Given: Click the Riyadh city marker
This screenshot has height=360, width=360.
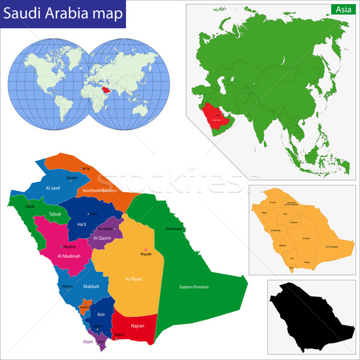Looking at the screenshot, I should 144,249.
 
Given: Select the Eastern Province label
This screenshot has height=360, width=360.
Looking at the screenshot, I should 194,287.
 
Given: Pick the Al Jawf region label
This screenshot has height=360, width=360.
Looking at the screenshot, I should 52,187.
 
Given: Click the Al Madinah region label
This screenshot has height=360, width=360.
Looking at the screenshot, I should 69,256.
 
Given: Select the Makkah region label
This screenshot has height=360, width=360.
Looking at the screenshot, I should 91,286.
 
